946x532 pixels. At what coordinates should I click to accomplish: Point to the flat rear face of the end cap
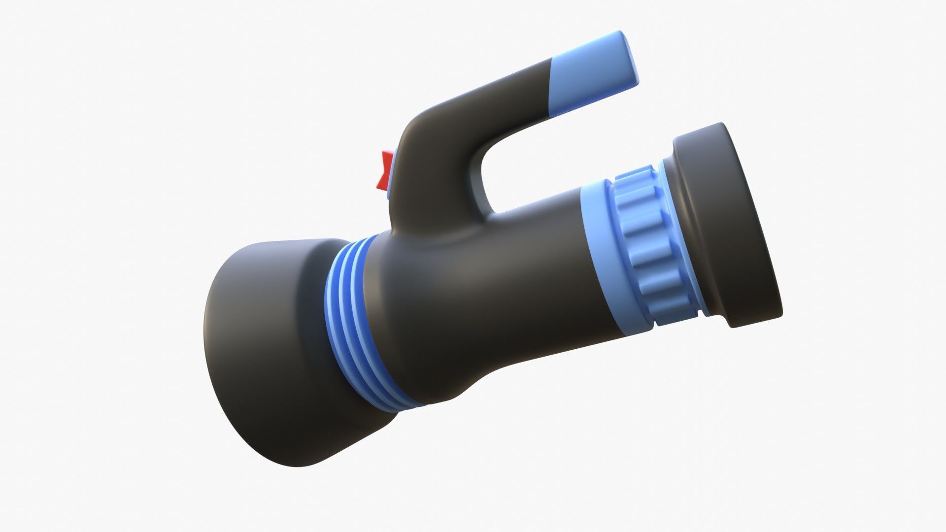[x=754, y=217]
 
